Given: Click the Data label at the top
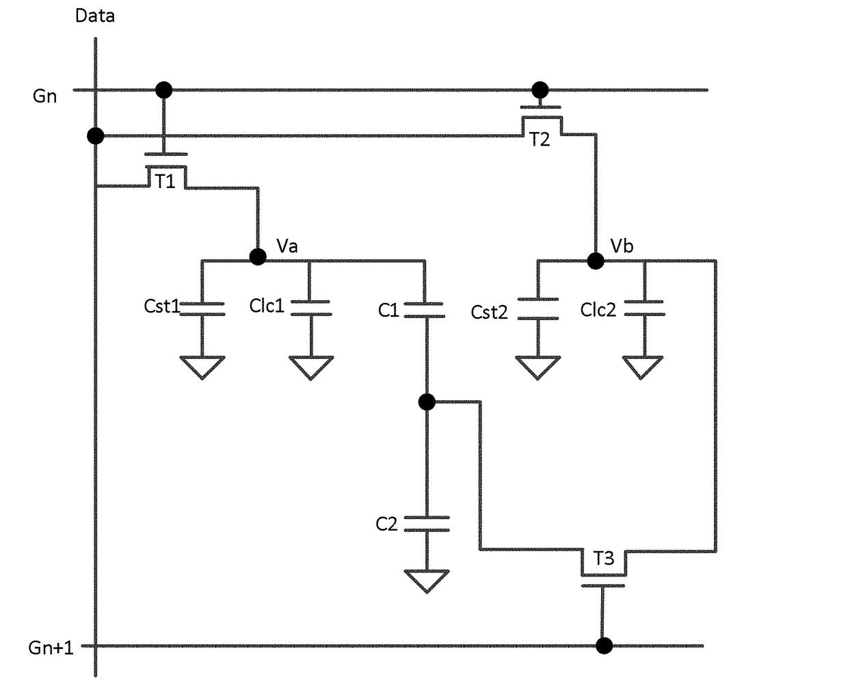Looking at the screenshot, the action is (x=95, y=16).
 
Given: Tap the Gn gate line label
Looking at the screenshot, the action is (x=44, y=96).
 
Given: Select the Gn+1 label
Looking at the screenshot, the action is (x=51, y=648).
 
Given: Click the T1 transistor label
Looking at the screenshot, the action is (x=165, y=181).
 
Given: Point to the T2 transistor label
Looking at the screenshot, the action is (x=540, y=140).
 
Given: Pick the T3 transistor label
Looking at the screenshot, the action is (x=604, y=558).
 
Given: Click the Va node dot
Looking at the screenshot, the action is (x=258, y=256).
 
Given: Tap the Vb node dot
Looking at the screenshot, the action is (x=596, y=261).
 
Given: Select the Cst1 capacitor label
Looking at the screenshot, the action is (x=161, y=306).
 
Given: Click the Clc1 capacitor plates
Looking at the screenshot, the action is (x=311, y=308).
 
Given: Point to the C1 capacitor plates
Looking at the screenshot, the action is (x=425, y=310).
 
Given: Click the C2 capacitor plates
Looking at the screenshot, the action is (x=427, y=525).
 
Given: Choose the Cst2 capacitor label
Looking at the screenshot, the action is (x=489, y=313).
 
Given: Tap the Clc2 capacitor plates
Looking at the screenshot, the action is (x=645, y=308).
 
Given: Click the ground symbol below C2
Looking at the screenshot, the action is (x=427, y=581).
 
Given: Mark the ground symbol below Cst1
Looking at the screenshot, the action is (x=202, y=367).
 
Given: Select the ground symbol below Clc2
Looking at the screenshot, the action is (x=643, y=368).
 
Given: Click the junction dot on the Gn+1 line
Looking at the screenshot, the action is (x=604, y=646).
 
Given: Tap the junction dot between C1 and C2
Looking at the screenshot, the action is (x=427, y=402).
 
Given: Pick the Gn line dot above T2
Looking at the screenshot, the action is (x=540, y=90).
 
